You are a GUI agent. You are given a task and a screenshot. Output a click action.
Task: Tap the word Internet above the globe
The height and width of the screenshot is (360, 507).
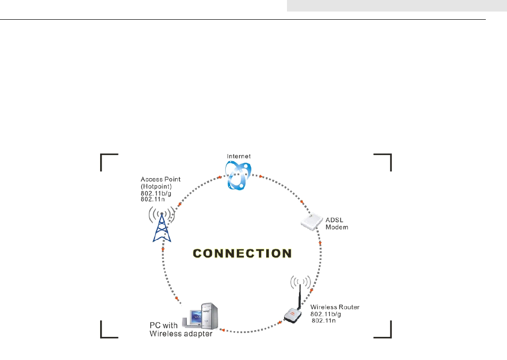pyautogui.click(x=238, y=156)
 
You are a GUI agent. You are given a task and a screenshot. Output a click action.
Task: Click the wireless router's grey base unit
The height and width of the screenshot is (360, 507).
pyautogui.click(x=294, y=315)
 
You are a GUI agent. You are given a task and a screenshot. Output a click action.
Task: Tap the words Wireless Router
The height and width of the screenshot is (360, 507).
pyautogui.click(x=335, y=307)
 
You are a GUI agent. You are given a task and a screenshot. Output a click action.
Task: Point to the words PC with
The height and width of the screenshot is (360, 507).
pyautogui.click(x=162, y=326)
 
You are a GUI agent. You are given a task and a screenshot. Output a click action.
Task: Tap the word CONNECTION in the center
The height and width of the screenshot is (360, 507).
pyautogui.click(x=242, y=253)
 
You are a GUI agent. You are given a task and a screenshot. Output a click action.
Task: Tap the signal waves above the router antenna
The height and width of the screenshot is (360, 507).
pyautogui.click(x=298, y=281)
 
